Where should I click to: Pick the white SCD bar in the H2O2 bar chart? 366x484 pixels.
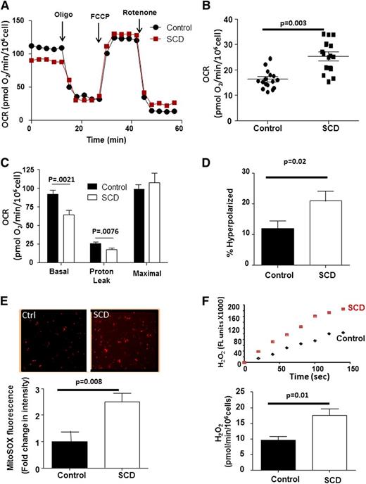(322, 440)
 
